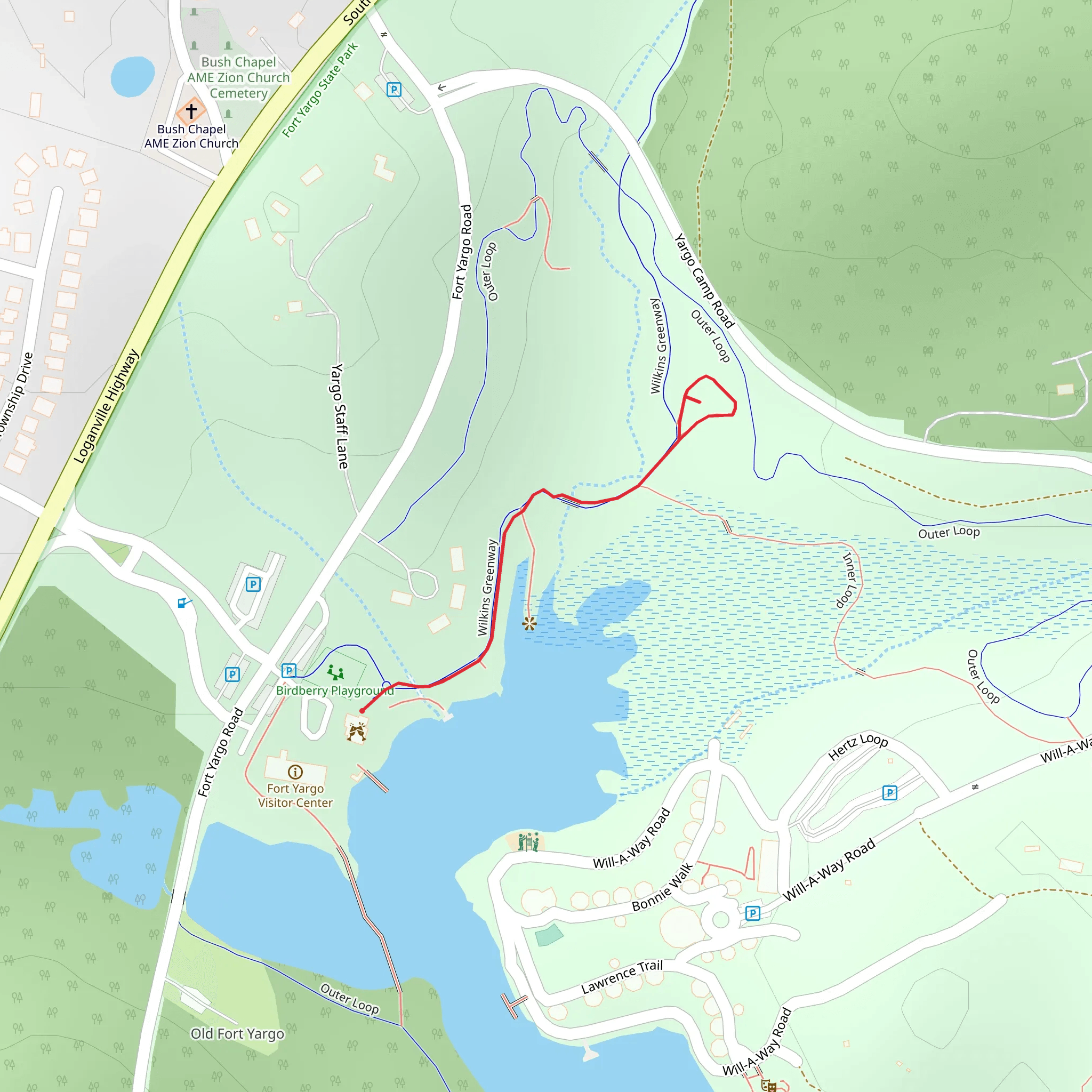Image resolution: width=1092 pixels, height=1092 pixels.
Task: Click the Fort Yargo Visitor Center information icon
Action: point(295,772)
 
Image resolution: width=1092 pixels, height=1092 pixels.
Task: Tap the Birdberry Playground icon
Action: point(335,672)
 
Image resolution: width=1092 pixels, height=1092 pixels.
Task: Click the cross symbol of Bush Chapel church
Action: point(191,111)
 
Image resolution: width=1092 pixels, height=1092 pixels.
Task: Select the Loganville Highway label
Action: point(106,406)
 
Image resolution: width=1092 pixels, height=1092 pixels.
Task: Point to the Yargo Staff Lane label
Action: point(339,416)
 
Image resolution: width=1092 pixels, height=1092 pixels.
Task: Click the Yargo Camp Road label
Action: point(704,281)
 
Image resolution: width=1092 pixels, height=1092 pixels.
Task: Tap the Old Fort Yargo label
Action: point(237,1034)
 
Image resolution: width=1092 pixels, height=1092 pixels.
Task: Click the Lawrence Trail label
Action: point(622,977)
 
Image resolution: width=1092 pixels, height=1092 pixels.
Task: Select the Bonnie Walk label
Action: point(662,887)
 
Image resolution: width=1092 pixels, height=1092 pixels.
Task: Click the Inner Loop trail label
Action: point(848,580)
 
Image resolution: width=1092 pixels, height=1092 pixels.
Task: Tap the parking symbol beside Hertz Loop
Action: point(890,792)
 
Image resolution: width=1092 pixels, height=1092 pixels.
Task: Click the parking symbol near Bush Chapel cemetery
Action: point(394,89)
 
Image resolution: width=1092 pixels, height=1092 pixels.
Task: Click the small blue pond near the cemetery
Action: point(133,76)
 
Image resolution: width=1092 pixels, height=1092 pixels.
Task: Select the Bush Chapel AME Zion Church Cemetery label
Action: point(238,77)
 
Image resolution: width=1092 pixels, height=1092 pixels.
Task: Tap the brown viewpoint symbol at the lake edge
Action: point(529,623)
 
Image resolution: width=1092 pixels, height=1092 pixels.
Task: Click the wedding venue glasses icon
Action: point(357,732)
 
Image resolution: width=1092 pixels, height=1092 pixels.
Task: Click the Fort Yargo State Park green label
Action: point(320,91)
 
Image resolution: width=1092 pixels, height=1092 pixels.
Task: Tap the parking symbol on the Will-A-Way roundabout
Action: point(752,913)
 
